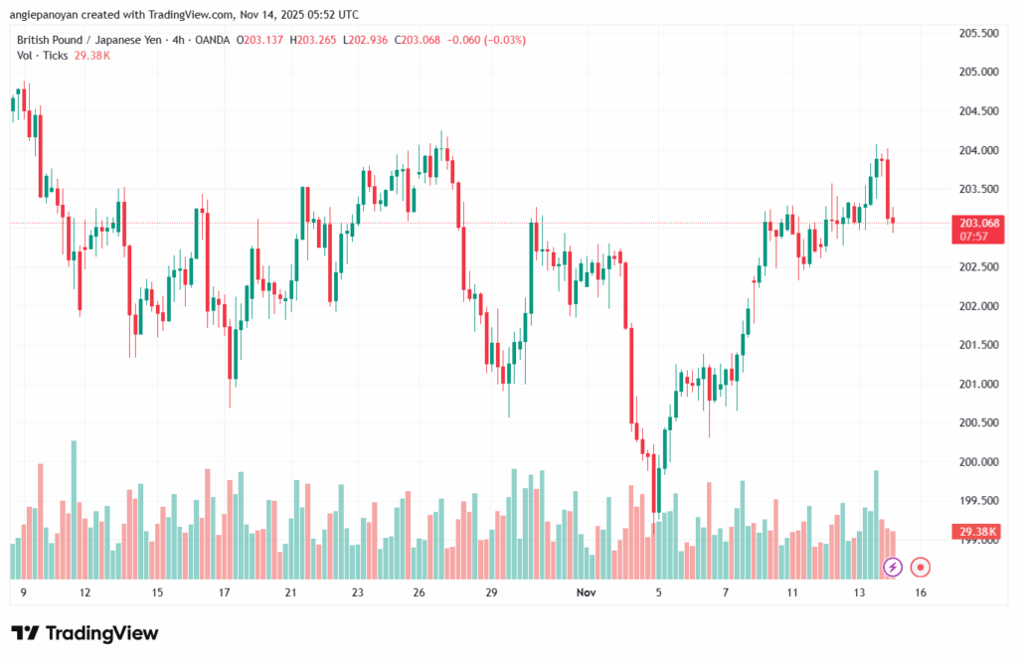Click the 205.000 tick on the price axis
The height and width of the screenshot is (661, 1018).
click(978, 72)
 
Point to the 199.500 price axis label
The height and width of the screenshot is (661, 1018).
click(978, 501)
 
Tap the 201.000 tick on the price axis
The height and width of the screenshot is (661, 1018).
click(978, 384)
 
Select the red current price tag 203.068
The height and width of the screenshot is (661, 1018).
click(978, 223)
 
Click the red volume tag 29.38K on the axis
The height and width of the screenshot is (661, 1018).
click(978, 532)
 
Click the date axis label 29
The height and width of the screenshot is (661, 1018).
click(490, 592)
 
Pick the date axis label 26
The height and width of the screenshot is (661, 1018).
click(420, 592)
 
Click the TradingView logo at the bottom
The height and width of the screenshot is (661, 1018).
click(85, 633)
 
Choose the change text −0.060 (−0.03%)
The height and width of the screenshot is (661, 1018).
click(488, 40)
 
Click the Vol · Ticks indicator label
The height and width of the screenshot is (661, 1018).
click(43, 56)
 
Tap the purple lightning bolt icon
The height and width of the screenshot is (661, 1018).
click(893, 567)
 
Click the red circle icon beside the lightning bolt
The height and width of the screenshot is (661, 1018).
click(921, 567)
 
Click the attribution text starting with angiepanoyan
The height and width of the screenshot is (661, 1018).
click(185, 15)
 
